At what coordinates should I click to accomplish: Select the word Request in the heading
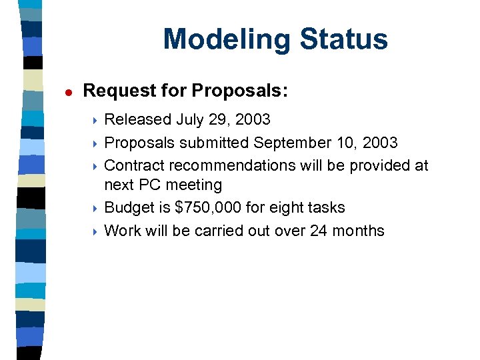pos(115,91)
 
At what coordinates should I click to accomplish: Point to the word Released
pos(138,120)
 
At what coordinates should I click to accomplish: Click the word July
pos(191,120)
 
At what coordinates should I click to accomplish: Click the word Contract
pos(134,165)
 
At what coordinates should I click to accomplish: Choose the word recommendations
pos(235,165)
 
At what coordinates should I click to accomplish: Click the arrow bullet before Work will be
pos(95,231)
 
